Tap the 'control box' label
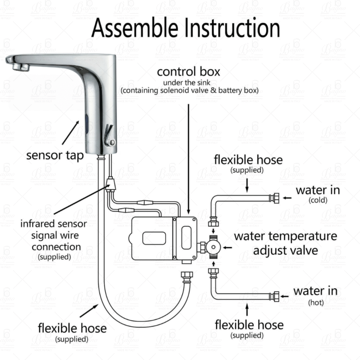pos(189,72)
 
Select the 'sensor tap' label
pos(55,156)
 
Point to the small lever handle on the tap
pos(108,135)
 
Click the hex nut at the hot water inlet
pos(274,296)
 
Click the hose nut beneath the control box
pos(185,275)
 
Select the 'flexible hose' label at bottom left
pos(72,328)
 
